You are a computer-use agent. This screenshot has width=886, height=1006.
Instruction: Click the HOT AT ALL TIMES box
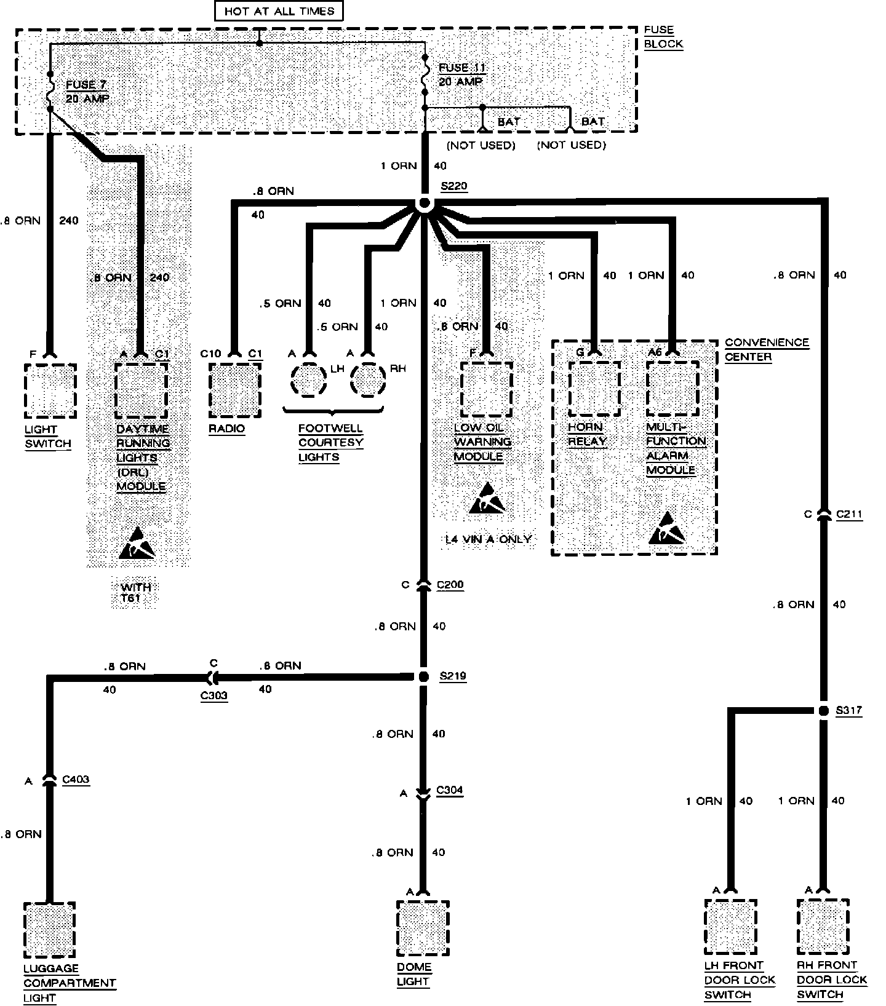(x=279, y=10)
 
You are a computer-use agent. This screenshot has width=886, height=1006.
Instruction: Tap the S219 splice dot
(x=423, y=676)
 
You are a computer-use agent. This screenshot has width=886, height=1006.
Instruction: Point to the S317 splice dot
(x=823, y=711)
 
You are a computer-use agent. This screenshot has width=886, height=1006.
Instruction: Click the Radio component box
(x=234, y=390)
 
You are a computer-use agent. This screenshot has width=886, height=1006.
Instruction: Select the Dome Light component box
(x=423, y=929)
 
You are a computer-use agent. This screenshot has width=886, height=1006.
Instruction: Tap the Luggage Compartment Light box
(x=49, y=929)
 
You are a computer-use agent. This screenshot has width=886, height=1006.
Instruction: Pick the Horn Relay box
(x=593, y=389)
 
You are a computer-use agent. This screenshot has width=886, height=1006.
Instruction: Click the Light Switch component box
(x=50, y=390)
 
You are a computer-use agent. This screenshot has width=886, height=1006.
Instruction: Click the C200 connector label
(x=450, y=585)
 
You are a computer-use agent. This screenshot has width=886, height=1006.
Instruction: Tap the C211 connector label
(x=849, y=514)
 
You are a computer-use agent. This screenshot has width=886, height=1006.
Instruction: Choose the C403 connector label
(x=76, y=780)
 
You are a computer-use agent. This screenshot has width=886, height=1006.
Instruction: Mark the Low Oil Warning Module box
(x=486, y=389)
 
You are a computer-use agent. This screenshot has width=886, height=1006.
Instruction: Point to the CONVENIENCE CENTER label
(x=766, y=349)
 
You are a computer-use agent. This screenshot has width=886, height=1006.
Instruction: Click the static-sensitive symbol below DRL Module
(x=137, y=543)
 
